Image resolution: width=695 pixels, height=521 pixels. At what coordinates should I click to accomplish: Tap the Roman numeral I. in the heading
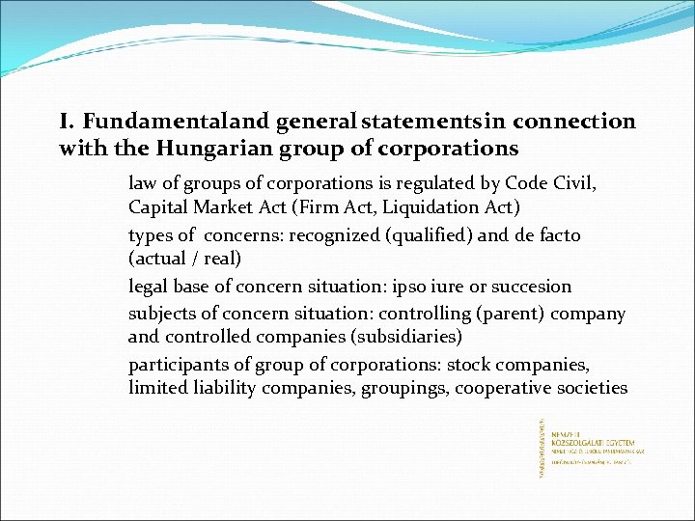coord(67,122)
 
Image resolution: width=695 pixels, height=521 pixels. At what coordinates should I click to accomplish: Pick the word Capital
coord(158,207)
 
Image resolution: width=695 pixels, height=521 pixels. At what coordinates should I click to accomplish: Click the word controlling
coord(406,314)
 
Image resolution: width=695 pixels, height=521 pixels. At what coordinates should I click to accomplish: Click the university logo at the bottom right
coord(590,447)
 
